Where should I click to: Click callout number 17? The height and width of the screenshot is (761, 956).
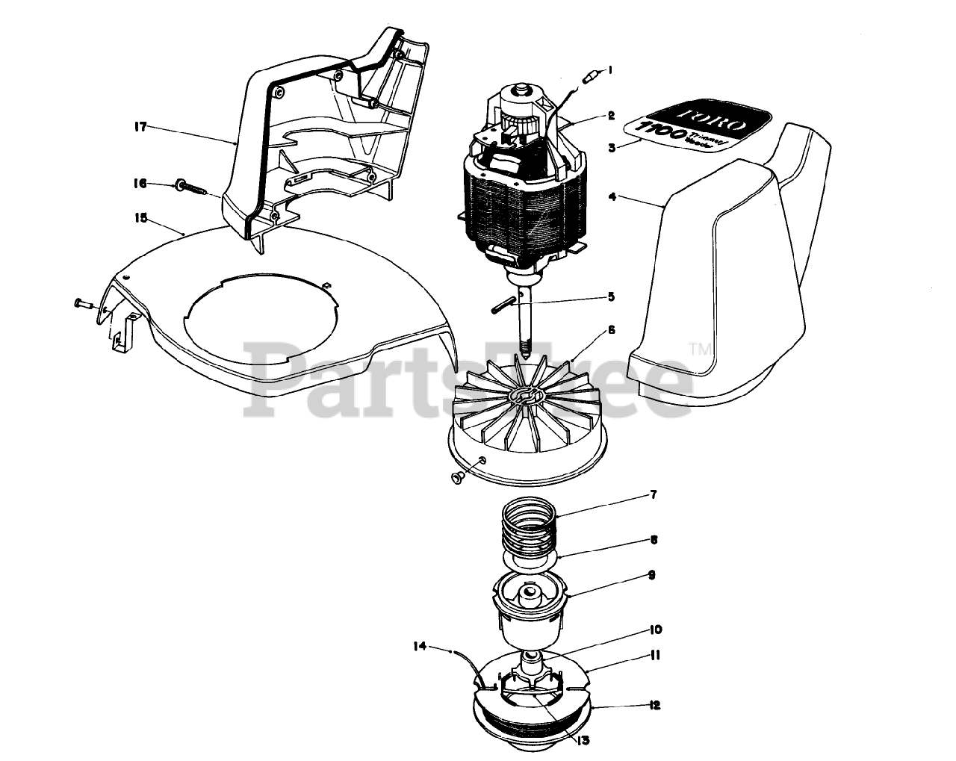pos(139,126)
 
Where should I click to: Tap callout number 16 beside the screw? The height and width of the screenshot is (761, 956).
pos(139,183)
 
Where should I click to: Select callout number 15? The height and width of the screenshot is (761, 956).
pos(139,219)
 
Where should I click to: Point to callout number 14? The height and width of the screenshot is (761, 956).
pos(421,647)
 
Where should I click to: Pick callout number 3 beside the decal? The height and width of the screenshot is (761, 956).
pos(611,147)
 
